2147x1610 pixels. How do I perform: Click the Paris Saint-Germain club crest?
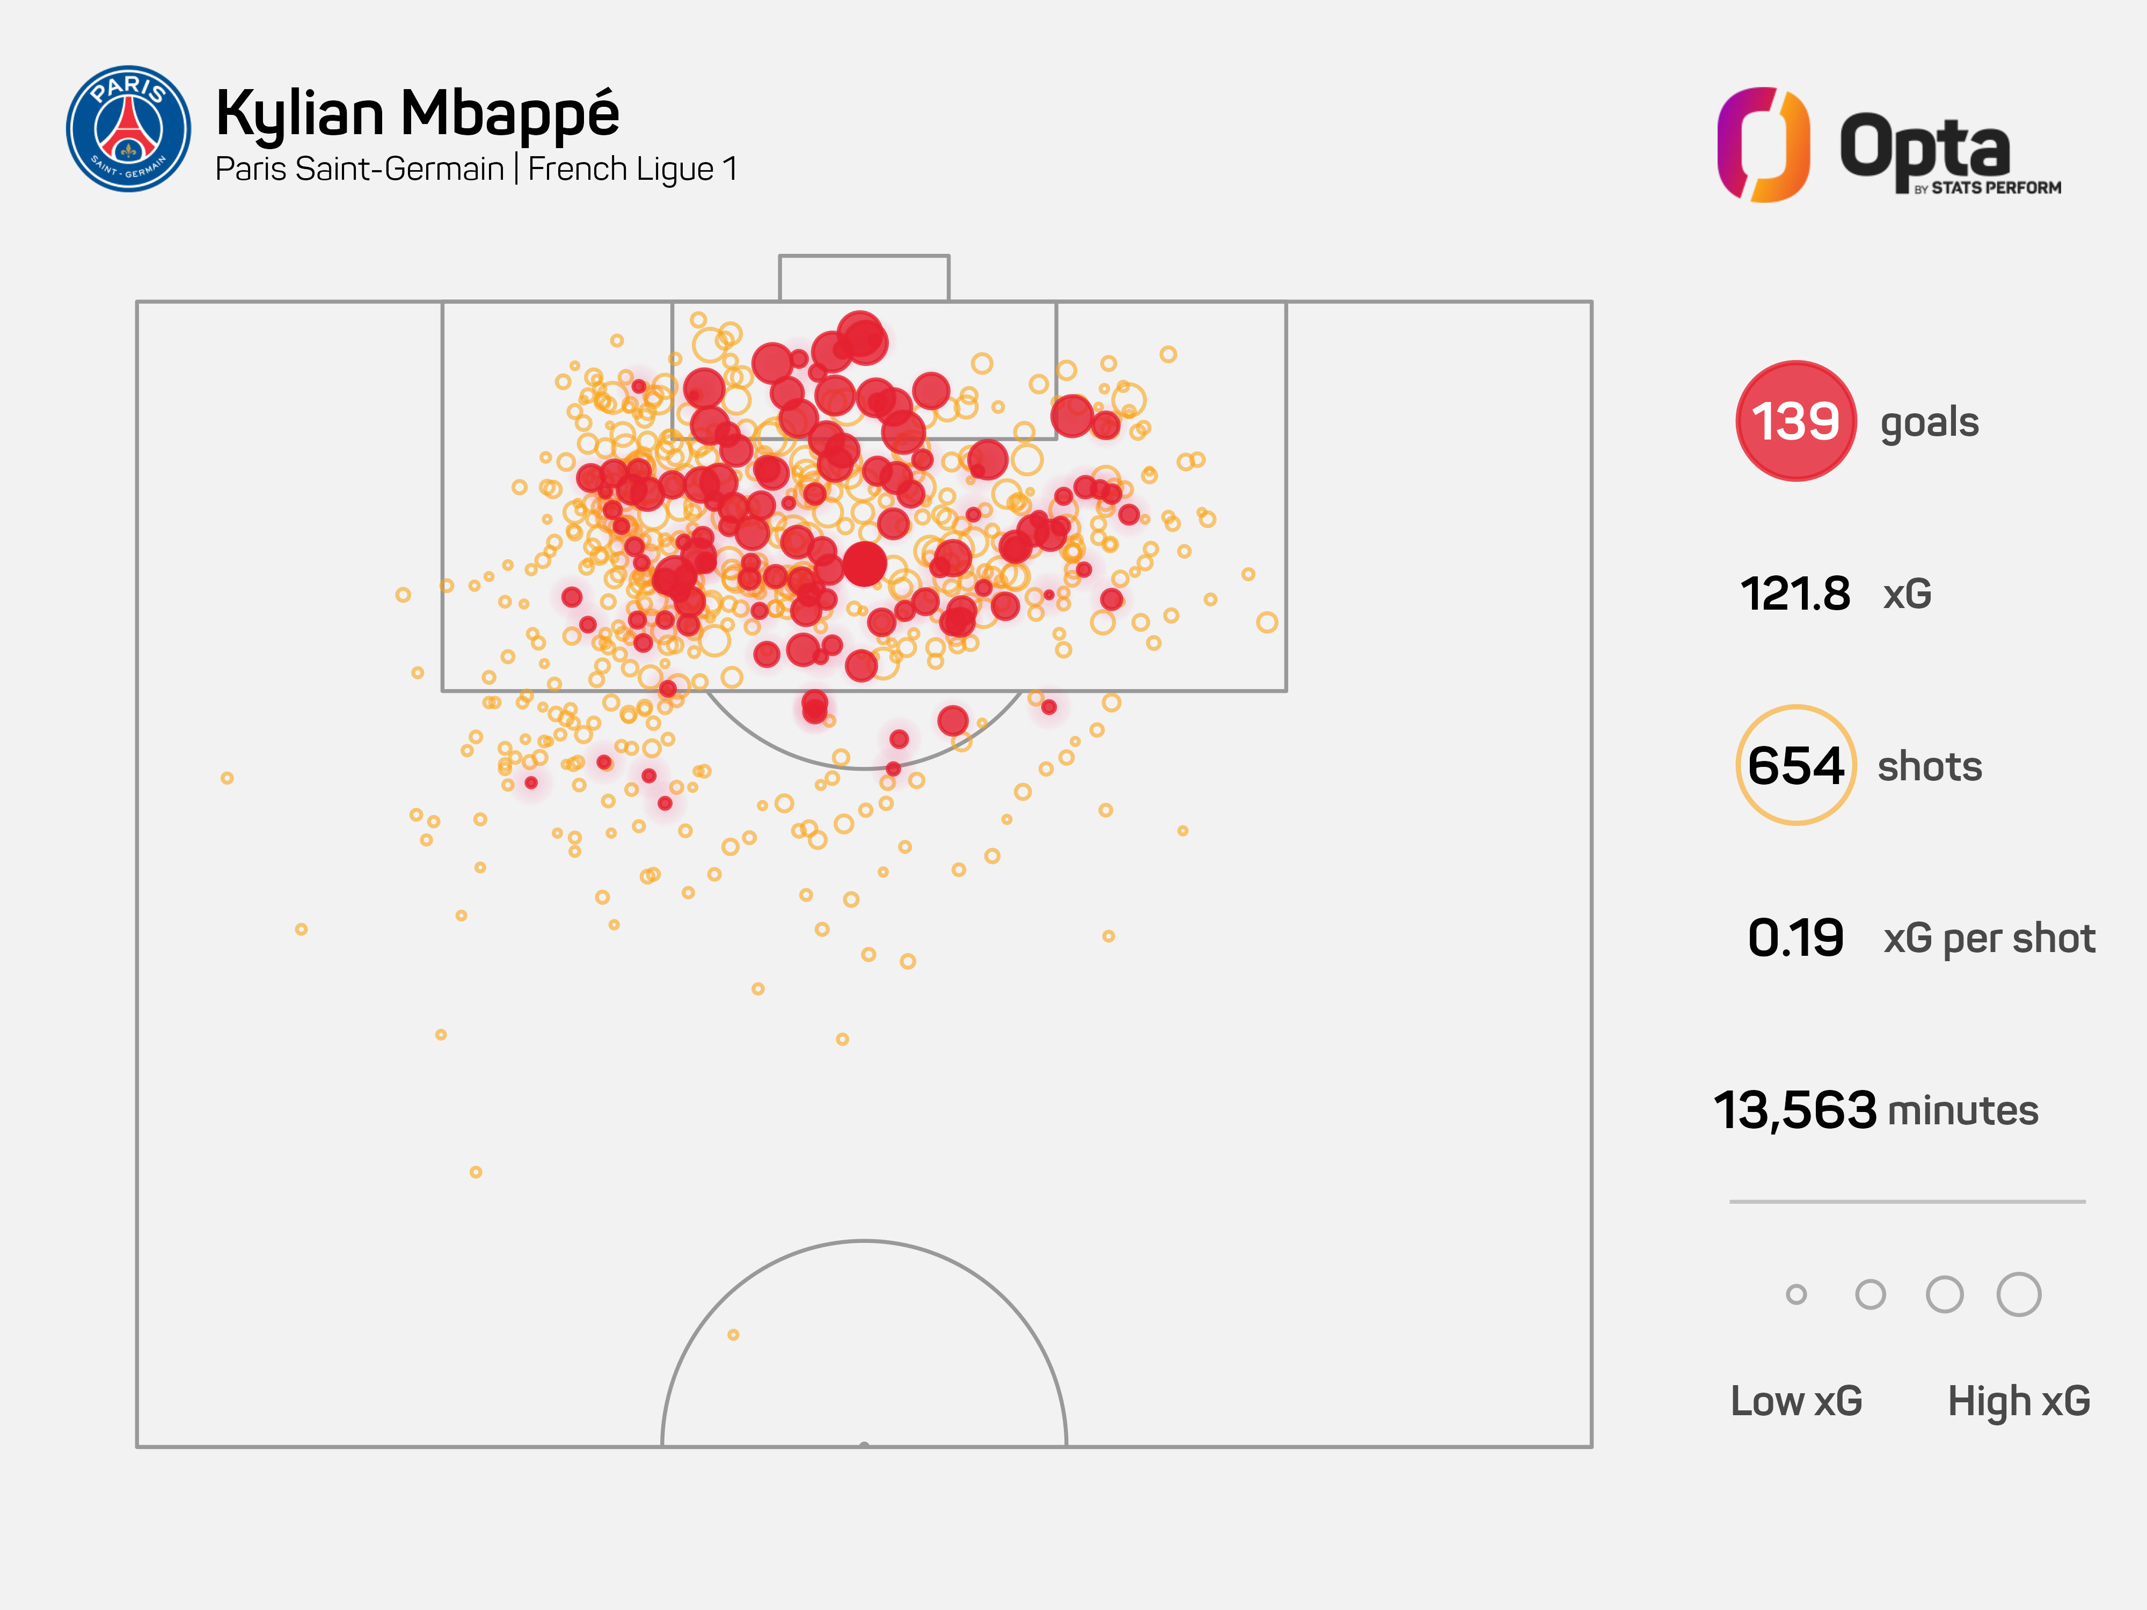(x=128, y=129)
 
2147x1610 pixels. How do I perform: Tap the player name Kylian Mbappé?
(x=418, y=114)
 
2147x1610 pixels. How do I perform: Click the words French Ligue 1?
(x=633, y=170)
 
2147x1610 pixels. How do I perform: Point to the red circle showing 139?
(x=1795, y=421)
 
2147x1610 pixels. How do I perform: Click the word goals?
(x=1929, y=423)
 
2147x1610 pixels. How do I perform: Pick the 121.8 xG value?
(x=1795, y=594)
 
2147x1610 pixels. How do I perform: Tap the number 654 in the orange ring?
(x=1795, y=766)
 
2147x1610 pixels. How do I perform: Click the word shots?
(x=1929, y=767)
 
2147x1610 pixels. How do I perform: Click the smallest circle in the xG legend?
(x=1795, y=1294)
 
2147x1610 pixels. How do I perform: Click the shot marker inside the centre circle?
(x=733, y=1334)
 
